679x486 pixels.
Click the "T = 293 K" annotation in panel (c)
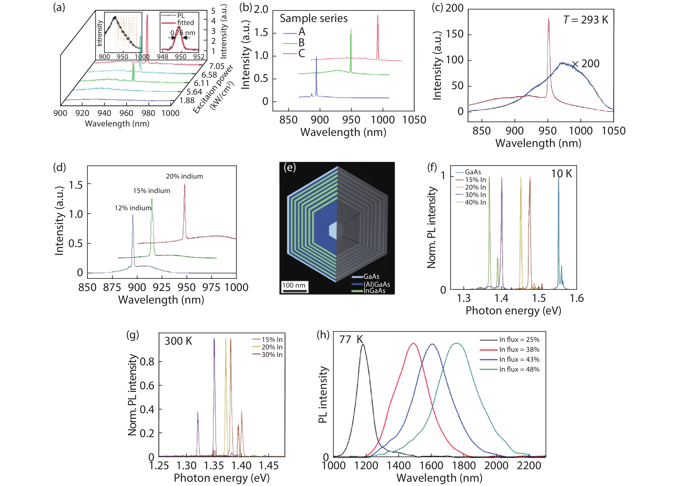[586, 20]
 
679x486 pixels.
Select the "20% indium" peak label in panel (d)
[185, 176]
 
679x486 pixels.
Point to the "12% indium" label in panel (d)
[133, 208]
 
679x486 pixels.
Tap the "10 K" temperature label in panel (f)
[562, 174]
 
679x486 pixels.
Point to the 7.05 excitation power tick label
[217, 66]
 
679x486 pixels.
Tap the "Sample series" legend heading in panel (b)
[313, 19]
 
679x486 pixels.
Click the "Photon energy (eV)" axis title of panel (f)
[513, 311]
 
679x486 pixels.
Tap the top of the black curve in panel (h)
[363, 344]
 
